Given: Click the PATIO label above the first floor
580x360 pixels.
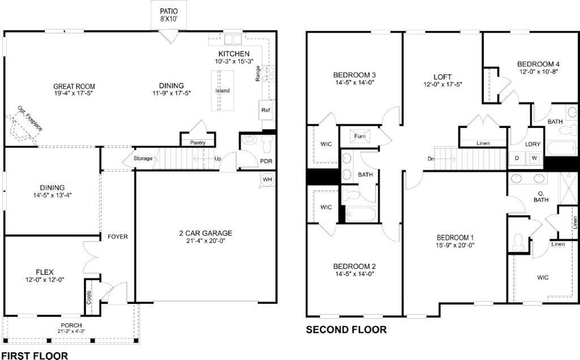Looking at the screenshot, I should [169, 10].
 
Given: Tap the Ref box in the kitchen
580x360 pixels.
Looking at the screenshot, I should [265, 110].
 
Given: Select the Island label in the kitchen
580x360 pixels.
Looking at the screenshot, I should [223, 91].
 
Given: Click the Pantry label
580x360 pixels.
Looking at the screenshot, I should [198, 143].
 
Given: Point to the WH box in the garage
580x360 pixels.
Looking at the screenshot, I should [268, 179].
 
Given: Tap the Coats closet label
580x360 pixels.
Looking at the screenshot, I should [89, 298].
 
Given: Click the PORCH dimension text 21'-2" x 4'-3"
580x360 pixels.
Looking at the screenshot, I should [71, 331].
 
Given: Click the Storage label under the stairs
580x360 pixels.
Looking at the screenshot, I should [143, 158].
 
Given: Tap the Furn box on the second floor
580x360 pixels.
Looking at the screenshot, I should [360, 136].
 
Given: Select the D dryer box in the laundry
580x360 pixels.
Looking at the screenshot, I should [517, 158].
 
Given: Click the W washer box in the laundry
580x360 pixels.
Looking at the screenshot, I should [534, 158].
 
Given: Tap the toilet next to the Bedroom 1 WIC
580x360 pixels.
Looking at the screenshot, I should [517, 242].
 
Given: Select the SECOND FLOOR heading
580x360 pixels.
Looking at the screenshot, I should [346, 329].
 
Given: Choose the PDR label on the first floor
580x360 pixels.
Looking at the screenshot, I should [266, 161].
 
